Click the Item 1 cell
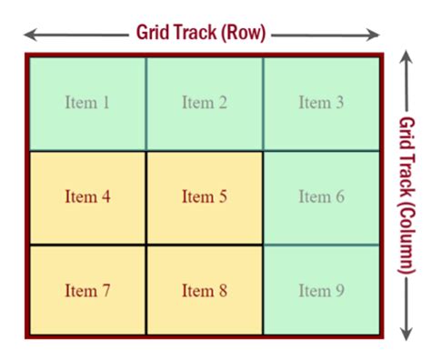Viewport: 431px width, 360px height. pos(87,103)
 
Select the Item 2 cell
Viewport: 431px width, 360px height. pos(204,103)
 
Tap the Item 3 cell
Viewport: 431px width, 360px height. pos(321,103)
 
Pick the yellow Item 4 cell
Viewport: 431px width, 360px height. pos(87,196)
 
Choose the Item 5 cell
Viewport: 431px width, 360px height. pos(204,196)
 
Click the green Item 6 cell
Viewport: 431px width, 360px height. pos(321,196)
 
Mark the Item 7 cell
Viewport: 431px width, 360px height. pos(87,291)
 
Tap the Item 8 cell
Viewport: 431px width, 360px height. pos(204,291)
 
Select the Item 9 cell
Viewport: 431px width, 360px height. pos(321,291)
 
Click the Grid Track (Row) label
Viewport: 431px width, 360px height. pos(201,34)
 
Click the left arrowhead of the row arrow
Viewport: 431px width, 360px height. pos(28,35)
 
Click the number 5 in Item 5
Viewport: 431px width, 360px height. pos(222,196)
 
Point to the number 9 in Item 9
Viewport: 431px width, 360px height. pos(339,291)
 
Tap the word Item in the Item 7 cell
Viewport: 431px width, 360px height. pos(80,291)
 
